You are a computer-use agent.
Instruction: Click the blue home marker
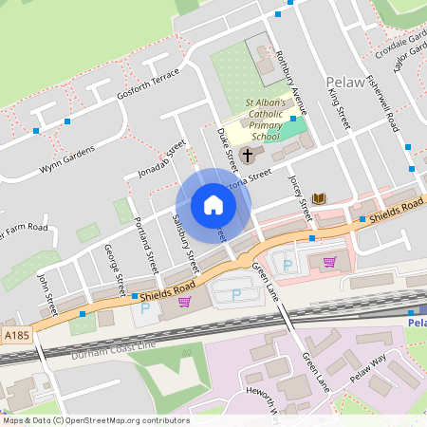pyautogui.click(x=213, y=205)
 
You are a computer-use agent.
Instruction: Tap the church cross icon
pyautogui.click(x=249, y=154)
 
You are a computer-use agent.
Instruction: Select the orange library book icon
pyautogui.click(x=320, y=197)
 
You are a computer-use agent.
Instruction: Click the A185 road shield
pyautogui.click(x=15, y=335)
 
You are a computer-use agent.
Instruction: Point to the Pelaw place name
pyautogui.click(x=345, y=84)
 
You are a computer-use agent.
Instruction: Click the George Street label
pyautogui.click(x=117, y=269)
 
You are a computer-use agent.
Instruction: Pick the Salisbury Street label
pyautogui.click(x=184, y=243)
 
